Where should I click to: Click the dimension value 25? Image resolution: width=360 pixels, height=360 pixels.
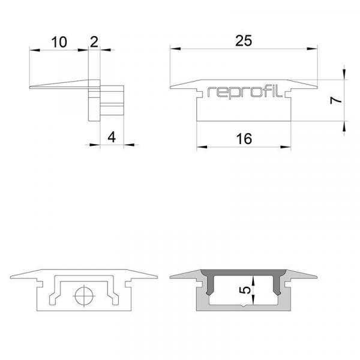243,41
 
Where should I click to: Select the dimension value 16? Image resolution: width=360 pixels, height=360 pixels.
243,138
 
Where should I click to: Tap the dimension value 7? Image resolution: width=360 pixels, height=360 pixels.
337,100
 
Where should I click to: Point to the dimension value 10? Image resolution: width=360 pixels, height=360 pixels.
59,42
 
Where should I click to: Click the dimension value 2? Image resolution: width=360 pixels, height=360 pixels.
94,42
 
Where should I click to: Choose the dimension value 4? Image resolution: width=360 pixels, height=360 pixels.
111,137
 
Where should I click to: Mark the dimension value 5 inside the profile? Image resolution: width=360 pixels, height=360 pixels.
244,290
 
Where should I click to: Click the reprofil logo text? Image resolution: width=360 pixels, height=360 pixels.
243,92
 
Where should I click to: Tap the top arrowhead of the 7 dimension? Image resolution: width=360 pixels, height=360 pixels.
344,74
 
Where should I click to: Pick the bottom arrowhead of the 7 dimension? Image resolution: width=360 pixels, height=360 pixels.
344,124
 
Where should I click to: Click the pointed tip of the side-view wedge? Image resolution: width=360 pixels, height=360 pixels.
31,88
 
